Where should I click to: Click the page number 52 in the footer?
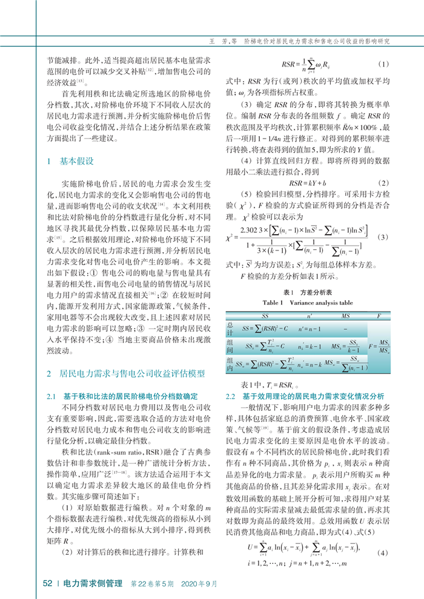click(47, 584)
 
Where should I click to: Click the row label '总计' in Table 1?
click(230, 327)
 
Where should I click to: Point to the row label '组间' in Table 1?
click(230, 346)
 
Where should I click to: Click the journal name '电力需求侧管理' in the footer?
click(94, 584)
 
